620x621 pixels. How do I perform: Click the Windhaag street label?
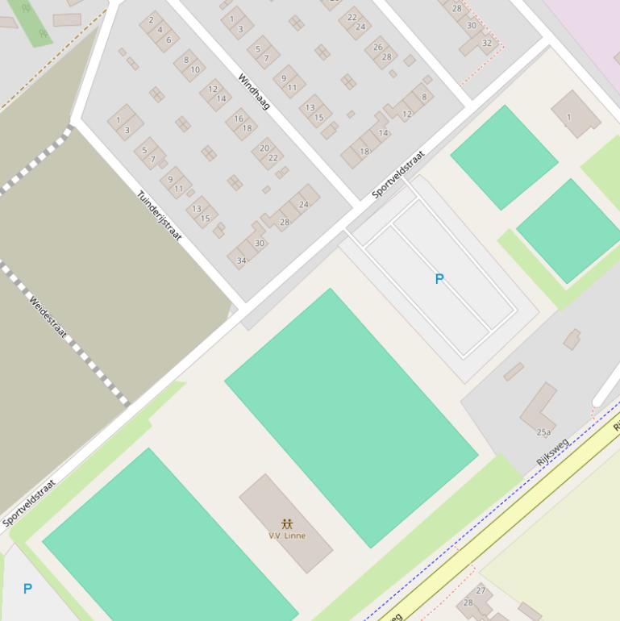(x=253, y=91)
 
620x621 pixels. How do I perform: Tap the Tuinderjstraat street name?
(x=159, y=215)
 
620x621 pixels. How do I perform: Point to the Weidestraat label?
(x=48, y=316)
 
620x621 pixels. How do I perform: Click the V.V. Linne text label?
(x=287, y=536)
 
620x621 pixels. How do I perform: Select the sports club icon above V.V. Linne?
(x=287, y=524)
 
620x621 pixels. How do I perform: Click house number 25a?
(x=544, y=432)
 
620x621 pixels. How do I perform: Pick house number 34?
(x=241, y=260)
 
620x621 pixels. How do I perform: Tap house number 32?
(x=487, y=43)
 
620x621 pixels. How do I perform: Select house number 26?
(x=378, y=47)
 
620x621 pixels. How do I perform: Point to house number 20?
(x=264, y=148)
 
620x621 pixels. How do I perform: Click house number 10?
(x=195, y=70)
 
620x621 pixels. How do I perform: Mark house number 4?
(x=160, y=30)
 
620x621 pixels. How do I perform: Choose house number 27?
(x=481, y=590)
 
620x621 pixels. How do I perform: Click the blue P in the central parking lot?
(x=439, y=279)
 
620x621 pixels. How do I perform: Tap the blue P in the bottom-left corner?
(x=27, y=589)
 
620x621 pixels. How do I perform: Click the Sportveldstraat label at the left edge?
(x=29, y=503)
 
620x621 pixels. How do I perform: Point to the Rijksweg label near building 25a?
(x=552, y=452)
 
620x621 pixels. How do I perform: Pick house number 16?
(x=239, y=119)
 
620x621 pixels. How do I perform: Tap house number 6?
(x=169, y=40)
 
